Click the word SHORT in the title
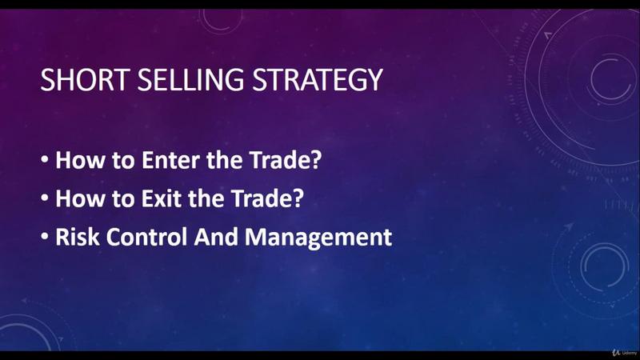click(x=84, y=80)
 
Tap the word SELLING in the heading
click(x=190, y=80)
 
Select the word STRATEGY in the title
click(x=318, y=80)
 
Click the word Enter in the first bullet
click(x=171, y=159)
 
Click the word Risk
click(x=77, y=237)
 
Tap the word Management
click(x=318, y=238)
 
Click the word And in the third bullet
click(x=216, y=237)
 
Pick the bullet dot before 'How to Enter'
click(x=45, y=158)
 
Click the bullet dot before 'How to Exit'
click(x=45, y=197)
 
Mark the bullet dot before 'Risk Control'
click(x=45, y=235)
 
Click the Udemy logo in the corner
click(x=624, y=352)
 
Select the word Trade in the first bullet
click(x=280, y=159)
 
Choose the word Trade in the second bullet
click(x=262, y=198)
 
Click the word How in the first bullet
click(x=80, y=159)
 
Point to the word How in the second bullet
click(x=80, y=198)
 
